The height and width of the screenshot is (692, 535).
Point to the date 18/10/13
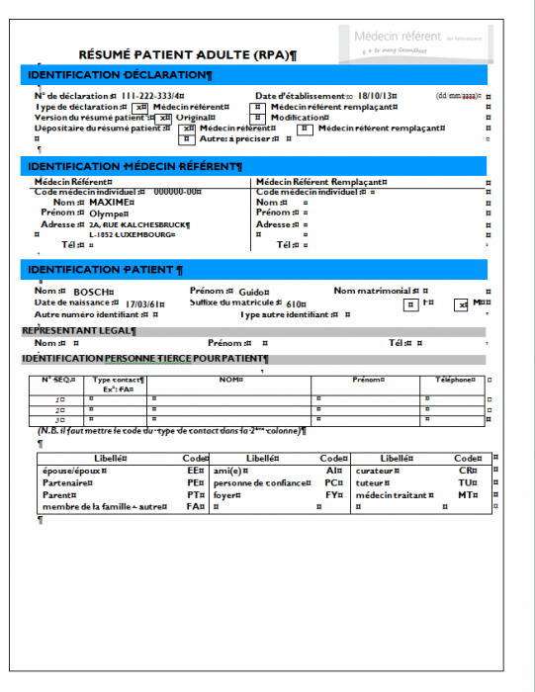click(377, 96)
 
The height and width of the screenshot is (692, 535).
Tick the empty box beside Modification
click(257, 118)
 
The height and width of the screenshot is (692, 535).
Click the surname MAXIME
click(110, 203)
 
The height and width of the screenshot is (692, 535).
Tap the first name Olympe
click(108, 214)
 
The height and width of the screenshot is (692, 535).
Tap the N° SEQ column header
click(58, 380)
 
